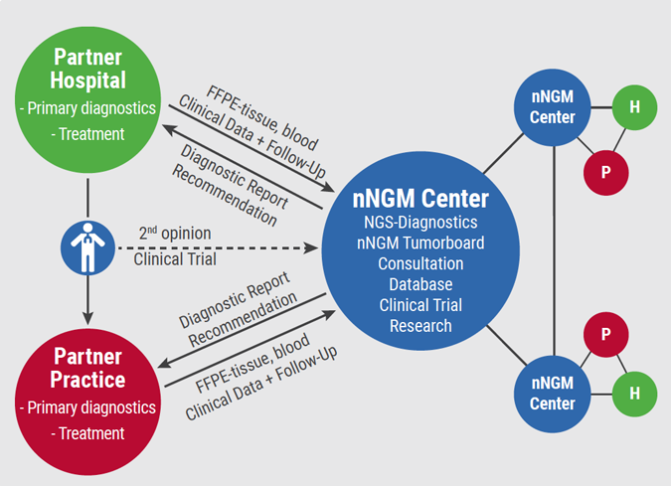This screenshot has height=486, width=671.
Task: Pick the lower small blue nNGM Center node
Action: tap(552, 394)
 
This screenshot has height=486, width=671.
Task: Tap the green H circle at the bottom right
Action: tap(634, 394)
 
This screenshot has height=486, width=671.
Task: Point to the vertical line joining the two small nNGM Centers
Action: tap(552, 248)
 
